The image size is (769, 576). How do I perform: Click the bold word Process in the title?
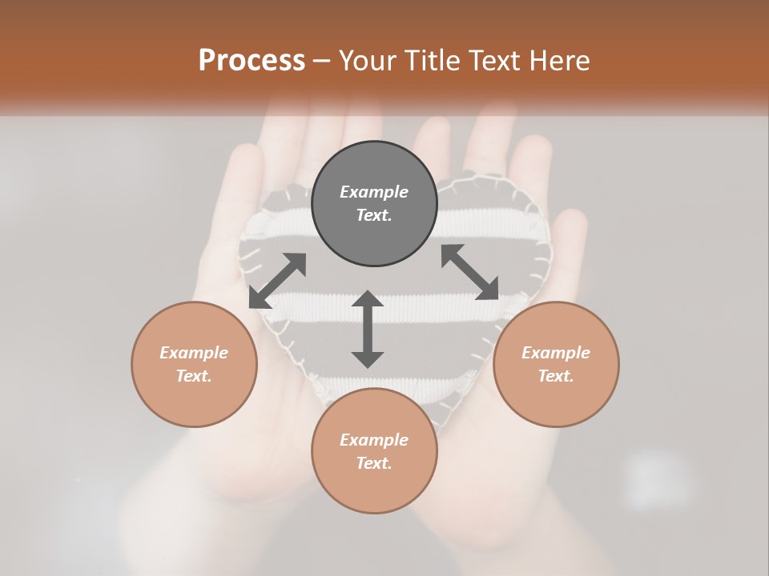(x=252, y=61)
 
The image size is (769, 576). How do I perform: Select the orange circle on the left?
(x=194, y=400)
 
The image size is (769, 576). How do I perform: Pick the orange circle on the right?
(x=556, y=400)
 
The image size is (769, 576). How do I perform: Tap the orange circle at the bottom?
(x=374, y=488)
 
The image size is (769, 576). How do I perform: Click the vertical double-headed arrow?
(x=368, y=329)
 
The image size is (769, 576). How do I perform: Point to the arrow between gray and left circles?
(x=277, y=281)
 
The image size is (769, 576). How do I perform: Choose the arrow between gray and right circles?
(x=469, y=272)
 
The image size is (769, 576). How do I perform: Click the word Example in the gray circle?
(x=374, y=192)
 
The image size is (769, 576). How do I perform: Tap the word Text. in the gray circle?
(x=374, y=215)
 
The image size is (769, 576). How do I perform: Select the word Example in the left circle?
(x=194, y=353)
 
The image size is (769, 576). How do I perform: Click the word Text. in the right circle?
(x=556, y=376)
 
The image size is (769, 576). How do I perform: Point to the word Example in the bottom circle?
(x=374, y=440)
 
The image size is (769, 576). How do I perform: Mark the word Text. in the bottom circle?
(x=374, y=463)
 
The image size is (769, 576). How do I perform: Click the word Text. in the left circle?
(x=194, y=376)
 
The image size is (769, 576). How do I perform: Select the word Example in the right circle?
(x=556, y=353)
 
